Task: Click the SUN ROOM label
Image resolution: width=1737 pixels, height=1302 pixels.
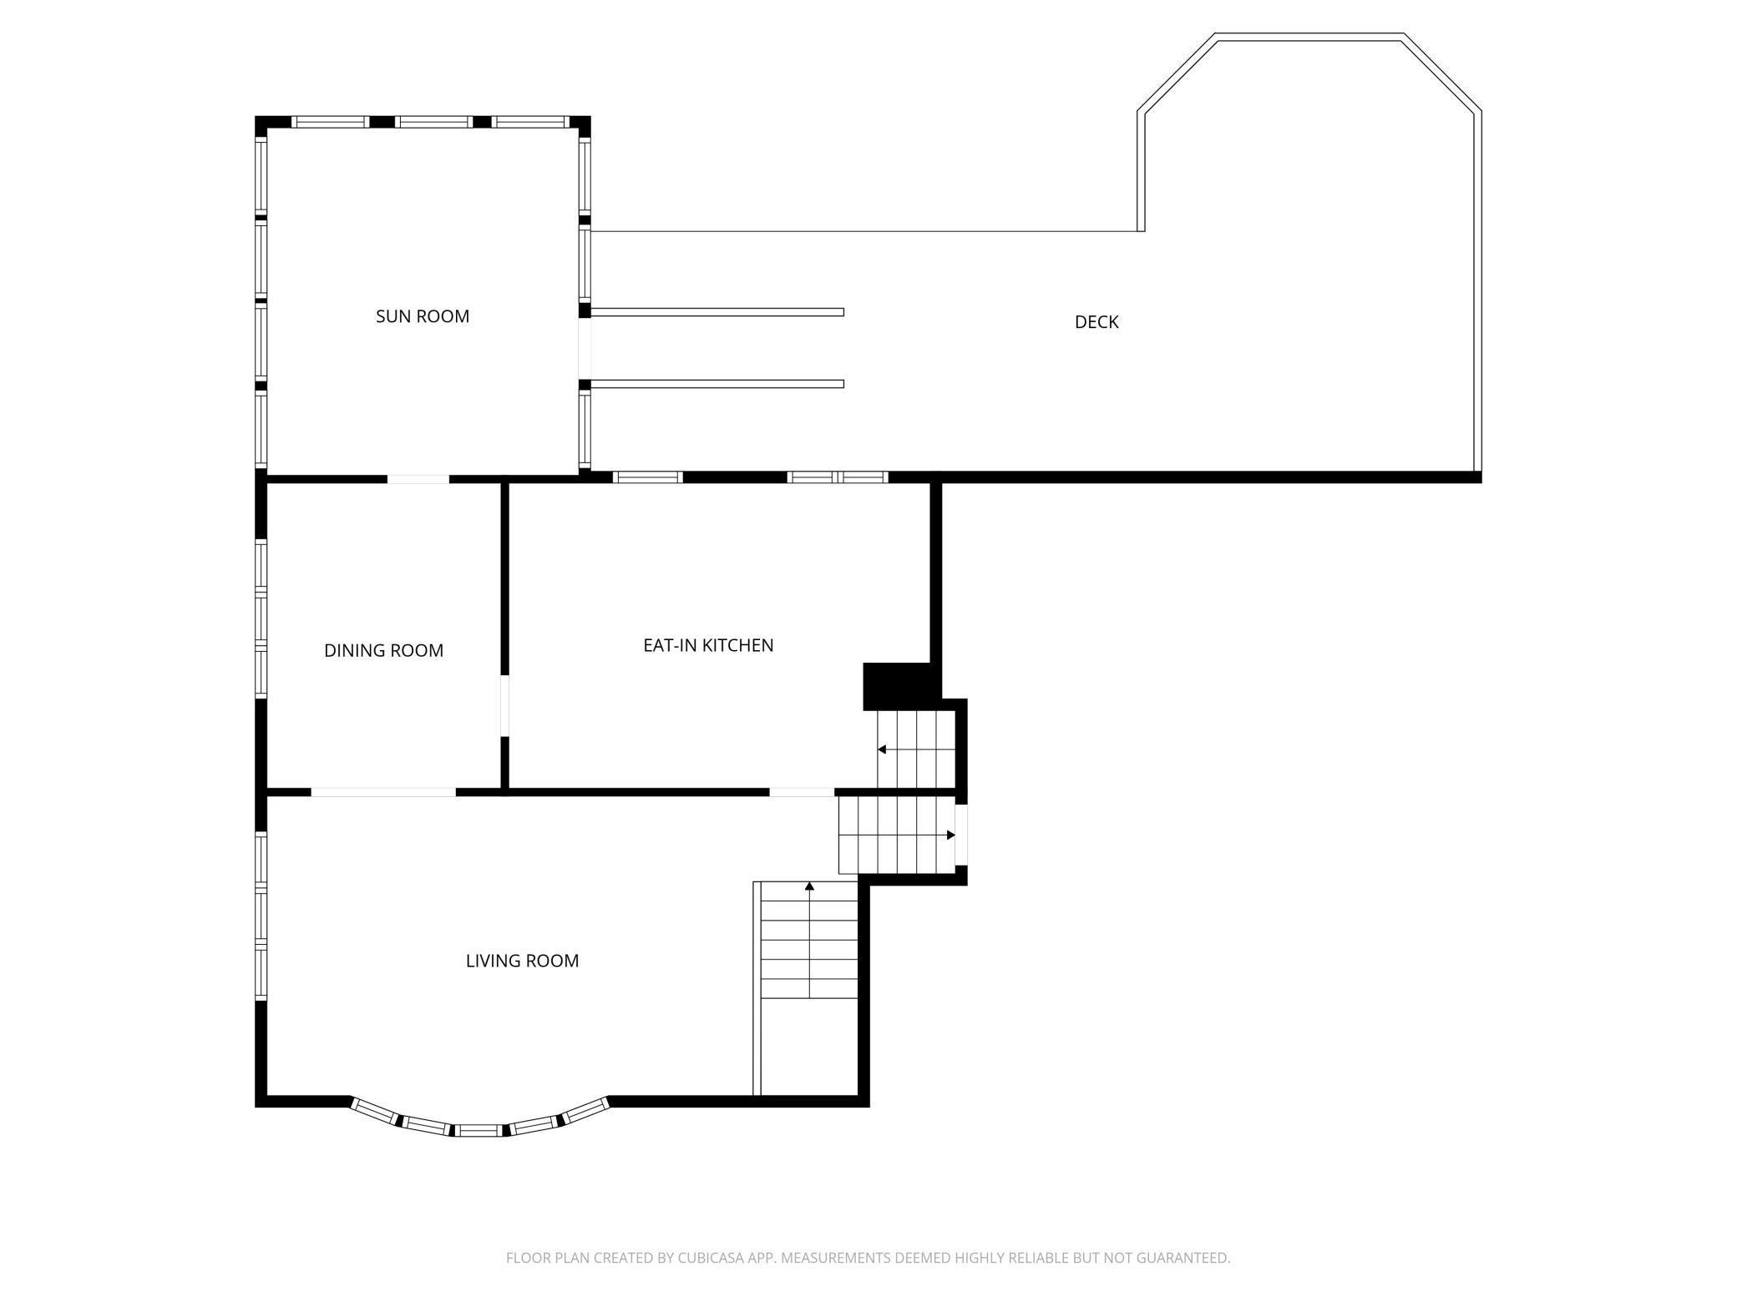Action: (423, 316)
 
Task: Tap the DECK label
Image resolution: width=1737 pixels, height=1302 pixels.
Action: (1096, 322)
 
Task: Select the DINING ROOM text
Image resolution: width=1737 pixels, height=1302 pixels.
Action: (384, 651)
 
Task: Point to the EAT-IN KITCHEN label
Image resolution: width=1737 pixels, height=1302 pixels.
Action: (708, 645)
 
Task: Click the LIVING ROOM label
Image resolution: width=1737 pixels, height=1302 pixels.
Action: (523, 961)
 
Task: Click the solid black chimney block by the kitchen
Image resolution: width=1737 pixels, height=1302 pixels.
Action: (899, 686)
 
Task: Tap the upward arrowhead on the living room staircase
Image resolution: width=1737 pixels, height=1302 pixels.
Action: (809, 886)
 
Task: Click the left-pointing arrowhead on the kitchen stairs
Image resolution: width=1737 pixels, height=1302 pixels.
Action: (882, 749)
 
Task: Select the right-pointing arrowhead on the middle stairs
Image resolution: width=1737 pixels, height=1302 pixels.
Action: (950, 835)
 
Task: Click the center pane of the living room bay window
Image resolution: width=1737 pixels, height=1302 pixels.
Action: (480, 1131)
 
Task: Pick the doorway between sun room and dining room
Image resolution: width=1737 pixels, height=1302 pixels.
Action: (418, 479)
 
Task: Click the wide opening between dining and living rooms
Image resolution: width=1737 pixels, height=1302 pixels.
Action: (384, 792)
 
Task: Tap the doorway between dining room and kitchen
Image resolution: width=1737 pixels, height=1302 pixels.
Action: (504, 705)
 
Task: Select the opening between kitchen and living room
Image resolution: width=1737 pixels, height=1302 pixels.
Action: (802, 792)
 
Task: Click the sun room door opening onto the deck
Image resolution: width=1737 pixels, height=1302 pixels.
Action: (585, 348)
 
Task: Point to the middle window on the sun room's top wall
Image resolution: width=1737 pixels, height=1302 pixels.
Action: (433, 122)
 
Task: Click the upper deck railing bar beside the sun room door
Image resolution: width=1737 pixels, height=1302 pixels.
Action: (717, 312)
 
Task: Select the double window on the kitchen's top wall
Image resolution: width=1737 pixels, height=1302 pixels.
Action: (838, 477)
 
